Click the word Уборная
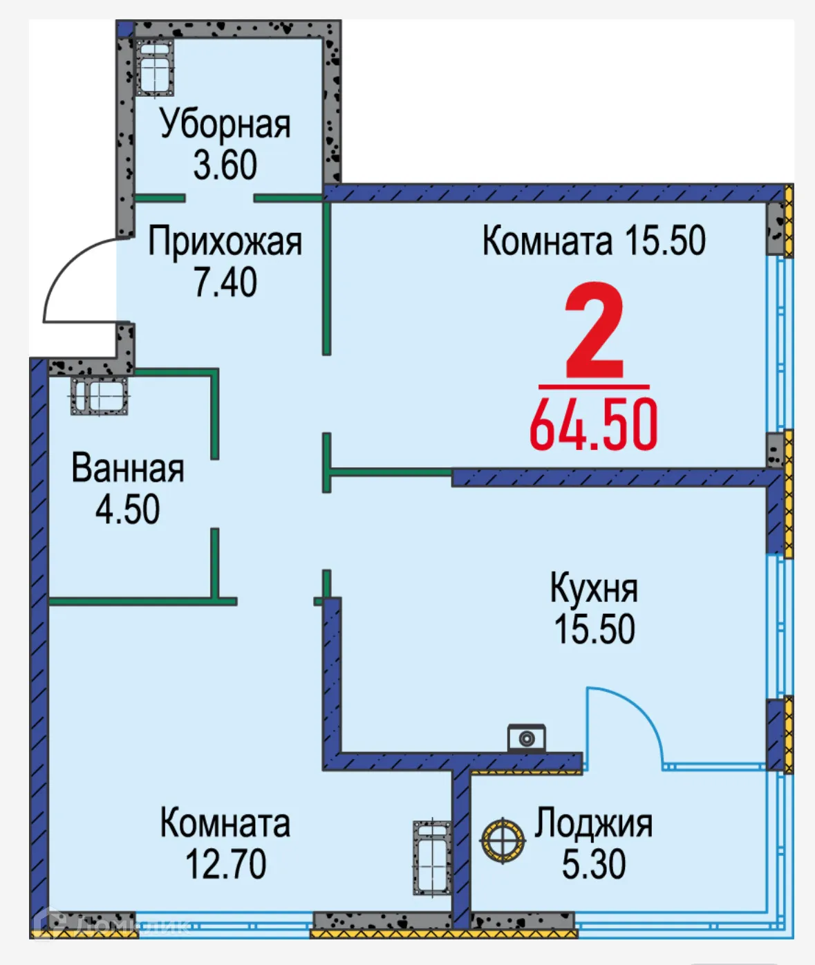[225, 124]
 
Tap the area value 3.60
[225, 165]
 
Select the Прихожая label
[225, 242]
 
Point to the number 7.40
[225, 282]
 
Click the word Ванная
[128, 469]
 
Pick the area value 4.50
[128, 509]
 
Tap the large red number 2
[594, 332]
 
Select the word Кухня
[594, 588]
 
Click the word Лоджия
[594, 823]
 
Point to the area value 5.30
[594, 864]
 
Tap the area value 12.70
[225, 864]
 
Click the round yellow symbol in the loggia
[503, 840]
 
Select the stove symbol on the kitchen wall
[527, 738]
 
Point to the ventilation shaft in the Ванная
[100, 397]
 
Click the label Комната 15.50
[594, 241]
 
